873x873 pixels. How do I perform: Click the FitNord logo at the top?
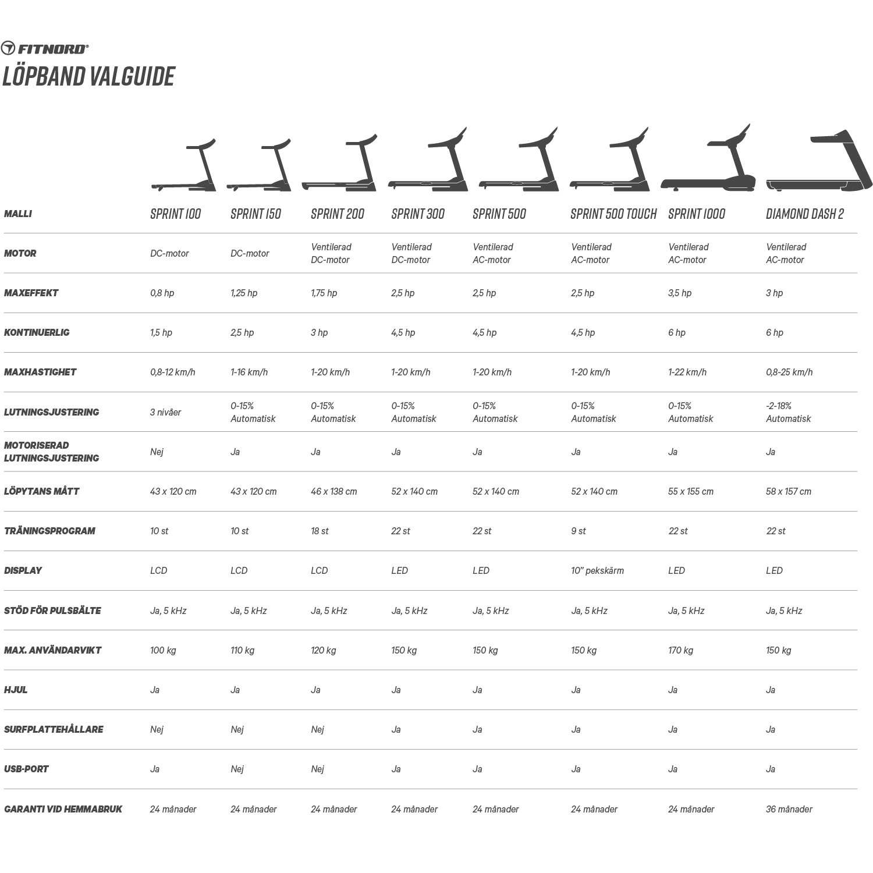coord(45,48)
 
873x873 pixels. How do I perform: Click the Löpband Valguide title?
coord(88,76)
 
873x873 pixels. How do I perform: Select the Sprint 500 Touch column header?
coord(613,214)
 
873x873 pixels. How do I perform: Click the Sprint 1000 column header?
coord(697,214)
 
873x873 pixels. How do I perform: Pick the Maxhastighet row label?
coord(40,372)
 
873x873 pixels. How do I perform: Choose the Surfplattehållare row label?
coord(54,729)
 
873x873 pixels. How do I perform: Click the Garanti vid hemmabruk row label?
coord(63,809)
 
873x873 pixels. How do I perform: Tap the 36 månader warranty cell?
coord(789,809)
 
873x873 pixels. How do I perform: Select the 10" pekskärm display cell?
coord(597,570)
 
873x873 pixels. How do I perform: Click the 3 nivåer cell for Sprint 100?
coord(165,412)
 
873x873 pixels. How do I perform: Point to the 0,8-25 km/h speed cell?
coord(789,372)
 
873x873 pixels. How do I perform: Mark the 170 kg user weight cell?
coord(680,650)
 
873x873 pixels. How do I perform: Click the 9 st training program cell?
coord(579,531)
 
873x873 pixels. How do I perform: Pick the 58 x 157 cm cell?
coord(789,491)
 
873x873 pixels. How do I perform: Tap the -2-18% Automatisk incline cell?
coord(788,412)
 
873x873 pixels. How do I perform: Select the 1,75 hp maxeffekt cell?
coord(324,293)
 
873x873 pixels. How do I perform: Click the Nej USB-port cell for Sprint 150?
coord(237,769)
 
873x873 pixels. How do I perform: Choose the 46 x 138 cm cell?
coord(333,491)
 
